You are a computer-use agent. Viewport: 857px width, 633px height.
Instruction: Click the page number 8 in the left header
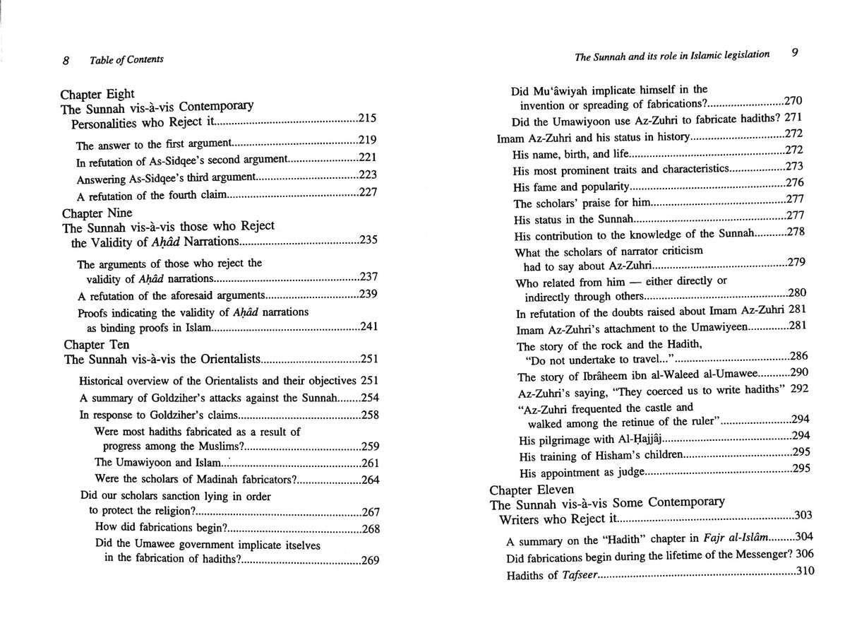(65, 61)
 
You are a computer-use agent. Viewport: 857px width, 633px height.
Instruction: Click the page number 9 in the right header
(794, 53)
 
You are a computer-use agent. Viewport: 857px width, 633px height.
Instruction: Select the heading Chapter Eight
(97, 94)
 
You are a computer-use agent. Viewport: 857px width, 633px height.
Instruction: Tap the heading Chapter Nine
(97, 213)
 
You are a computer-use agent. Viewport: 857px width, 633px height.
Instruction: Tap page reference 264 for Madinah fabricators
(370, 480)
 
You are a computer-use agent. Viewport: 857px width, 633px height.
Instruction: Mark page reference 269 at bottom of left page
(370, 561)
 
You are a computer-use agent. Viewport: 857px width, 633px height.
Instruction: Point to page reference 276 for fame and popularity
(795, 183)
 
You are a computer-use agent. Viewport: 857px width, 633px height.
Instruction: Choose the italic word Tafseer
(578, 576)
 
